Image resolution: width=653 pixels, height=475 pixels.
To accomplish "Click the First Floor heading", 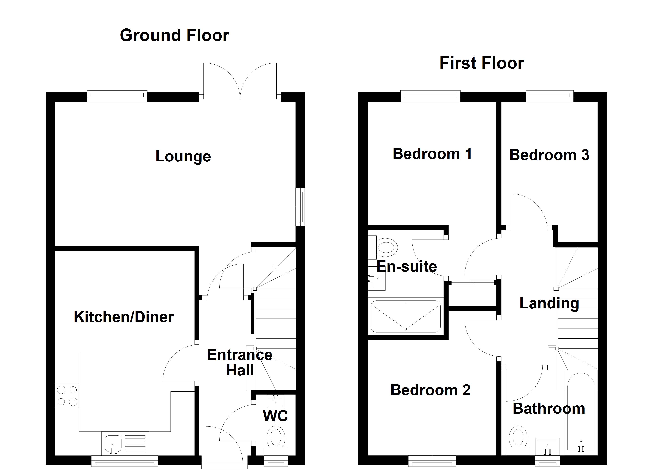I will [481, 63].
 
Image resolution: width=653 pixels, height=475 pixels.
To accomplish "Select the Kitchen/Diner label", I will [124, 317].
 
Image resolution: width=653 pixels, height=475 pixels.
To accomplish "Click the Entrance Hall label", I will [240, 362].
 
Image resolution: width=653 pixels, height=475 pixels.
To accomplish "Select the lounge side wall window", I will [301, 207].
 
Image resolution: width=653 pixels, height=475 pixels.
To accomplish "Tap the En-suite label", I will [406, 266].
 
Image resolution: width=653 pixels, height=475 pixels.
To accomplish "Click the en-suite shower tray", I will [405, 316].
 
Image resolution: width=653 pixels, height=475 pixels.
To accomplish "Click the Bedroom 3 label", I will [549, 155].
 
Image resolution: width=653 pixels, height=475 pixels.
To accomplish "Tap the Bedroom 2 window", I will [432, 461].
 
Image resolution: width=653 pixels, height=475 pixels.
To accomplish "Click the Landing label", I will [549, 303].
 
